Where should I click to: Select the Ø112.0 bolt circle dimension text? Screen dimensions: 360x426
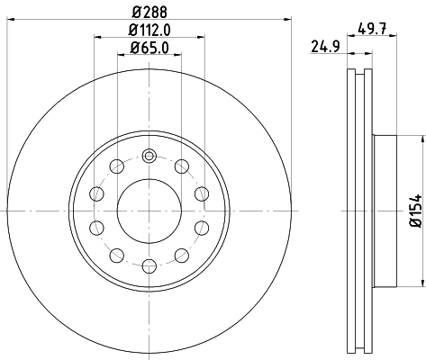click(150, 32)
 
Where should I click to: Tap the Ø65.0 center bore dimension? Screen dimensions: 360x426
click(150, 49)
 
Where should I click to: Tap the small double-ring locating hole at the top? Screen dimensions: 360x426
click(149, 156)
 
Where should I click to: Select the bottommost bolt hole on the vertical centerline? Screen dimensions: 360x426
click(149, 265)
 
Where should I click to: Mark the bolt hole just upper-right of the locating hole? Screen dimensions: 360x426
click(181, 166)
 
